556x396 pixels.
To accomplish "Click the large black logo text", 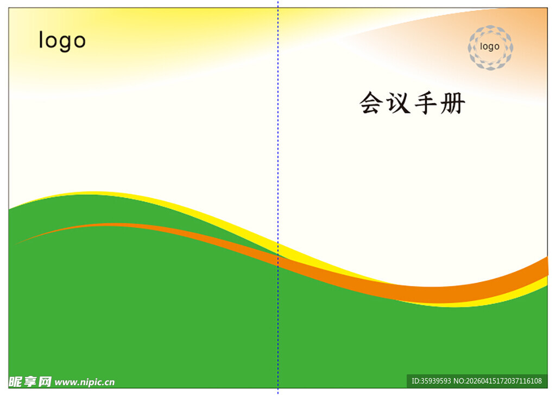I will pyautogui.click(x=62, y=41).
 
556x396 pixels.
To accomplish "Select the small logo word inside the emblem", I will pyautogui.click(x=490, y=47).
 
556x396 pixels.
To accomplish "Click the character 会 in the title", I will pyautogui.click(x=371, y=103).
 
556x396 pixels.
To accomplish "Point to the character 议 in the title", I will pyautogui.click(x=398, y=103).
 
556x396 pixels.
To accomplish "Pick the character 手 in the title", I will pyautogui.click(x=426, y=103).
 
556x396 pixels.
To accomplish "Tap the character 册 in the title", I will pyautogui.click(x=453, y=103).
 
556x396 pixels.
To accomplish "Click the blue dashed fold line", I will pyautogui.click(x=278, y=163).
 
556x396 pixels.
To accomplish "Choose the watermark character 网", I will pyautogui.click(x=45, y=381).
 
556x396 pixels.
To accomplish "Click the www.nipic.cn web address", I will pyautogui.click(x=85, y=382).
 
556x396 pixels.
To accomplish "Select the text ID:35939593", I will pyautogui.click(x=431, y=381).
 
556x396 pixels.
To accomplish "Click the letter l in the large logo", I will pyautogui.click(x=41, y=40).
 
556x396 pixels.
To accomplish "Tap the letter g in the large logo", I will pyautogui.click(x=64, y=43).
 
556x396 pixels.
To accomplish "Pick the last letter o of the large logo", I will pyautogui.click(x=79, y=42).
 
